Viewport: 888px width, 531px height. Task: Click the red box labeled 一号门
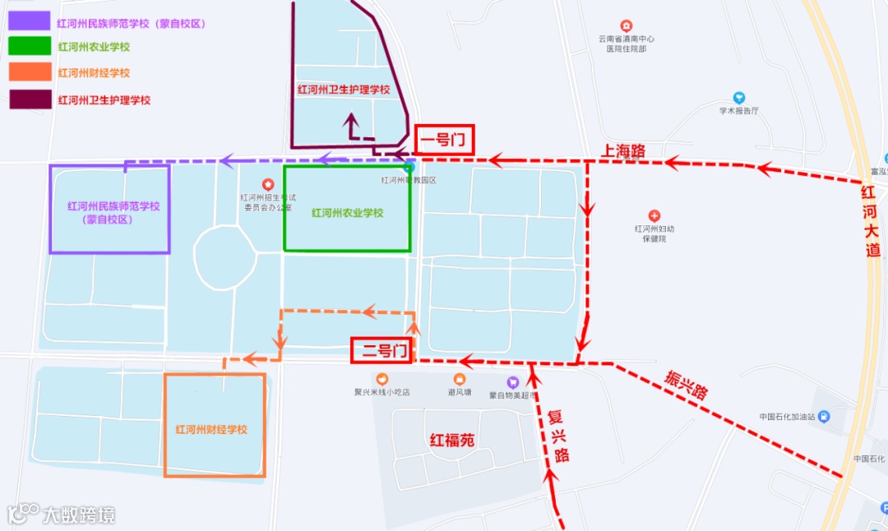pos(445,141)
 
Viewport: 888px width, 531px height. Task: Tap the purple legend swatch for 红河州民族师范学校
pos(29,22)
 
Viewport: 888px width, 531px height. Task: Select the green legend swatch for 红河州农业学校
pos(29,47)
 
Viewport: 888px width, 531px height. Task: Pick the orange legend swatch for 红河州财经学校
pos(29,72)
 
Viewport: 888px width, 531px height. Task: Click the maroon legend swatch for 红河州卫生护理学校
pos(29,99)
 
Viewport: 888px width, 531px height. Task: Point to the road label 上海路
pos(622,150)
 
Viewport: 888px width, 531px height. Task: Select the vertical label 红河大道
pos(870,221)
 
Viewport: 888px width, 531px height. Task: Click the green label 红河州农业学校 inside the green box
pos(347,213)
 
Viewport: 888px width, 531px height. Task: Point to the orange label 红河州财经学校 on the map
pos(211,430)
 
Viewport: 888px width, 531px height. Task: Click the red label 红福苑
pos(452,440)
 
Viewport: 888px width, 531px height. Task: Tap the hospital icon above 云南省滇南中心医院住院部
pos(627,26)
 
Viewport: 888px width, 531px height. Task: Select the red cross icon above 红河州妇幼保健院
pos(654,215)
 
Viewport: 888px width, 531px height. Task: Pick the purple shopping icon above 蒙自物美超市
pos(513,381)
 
